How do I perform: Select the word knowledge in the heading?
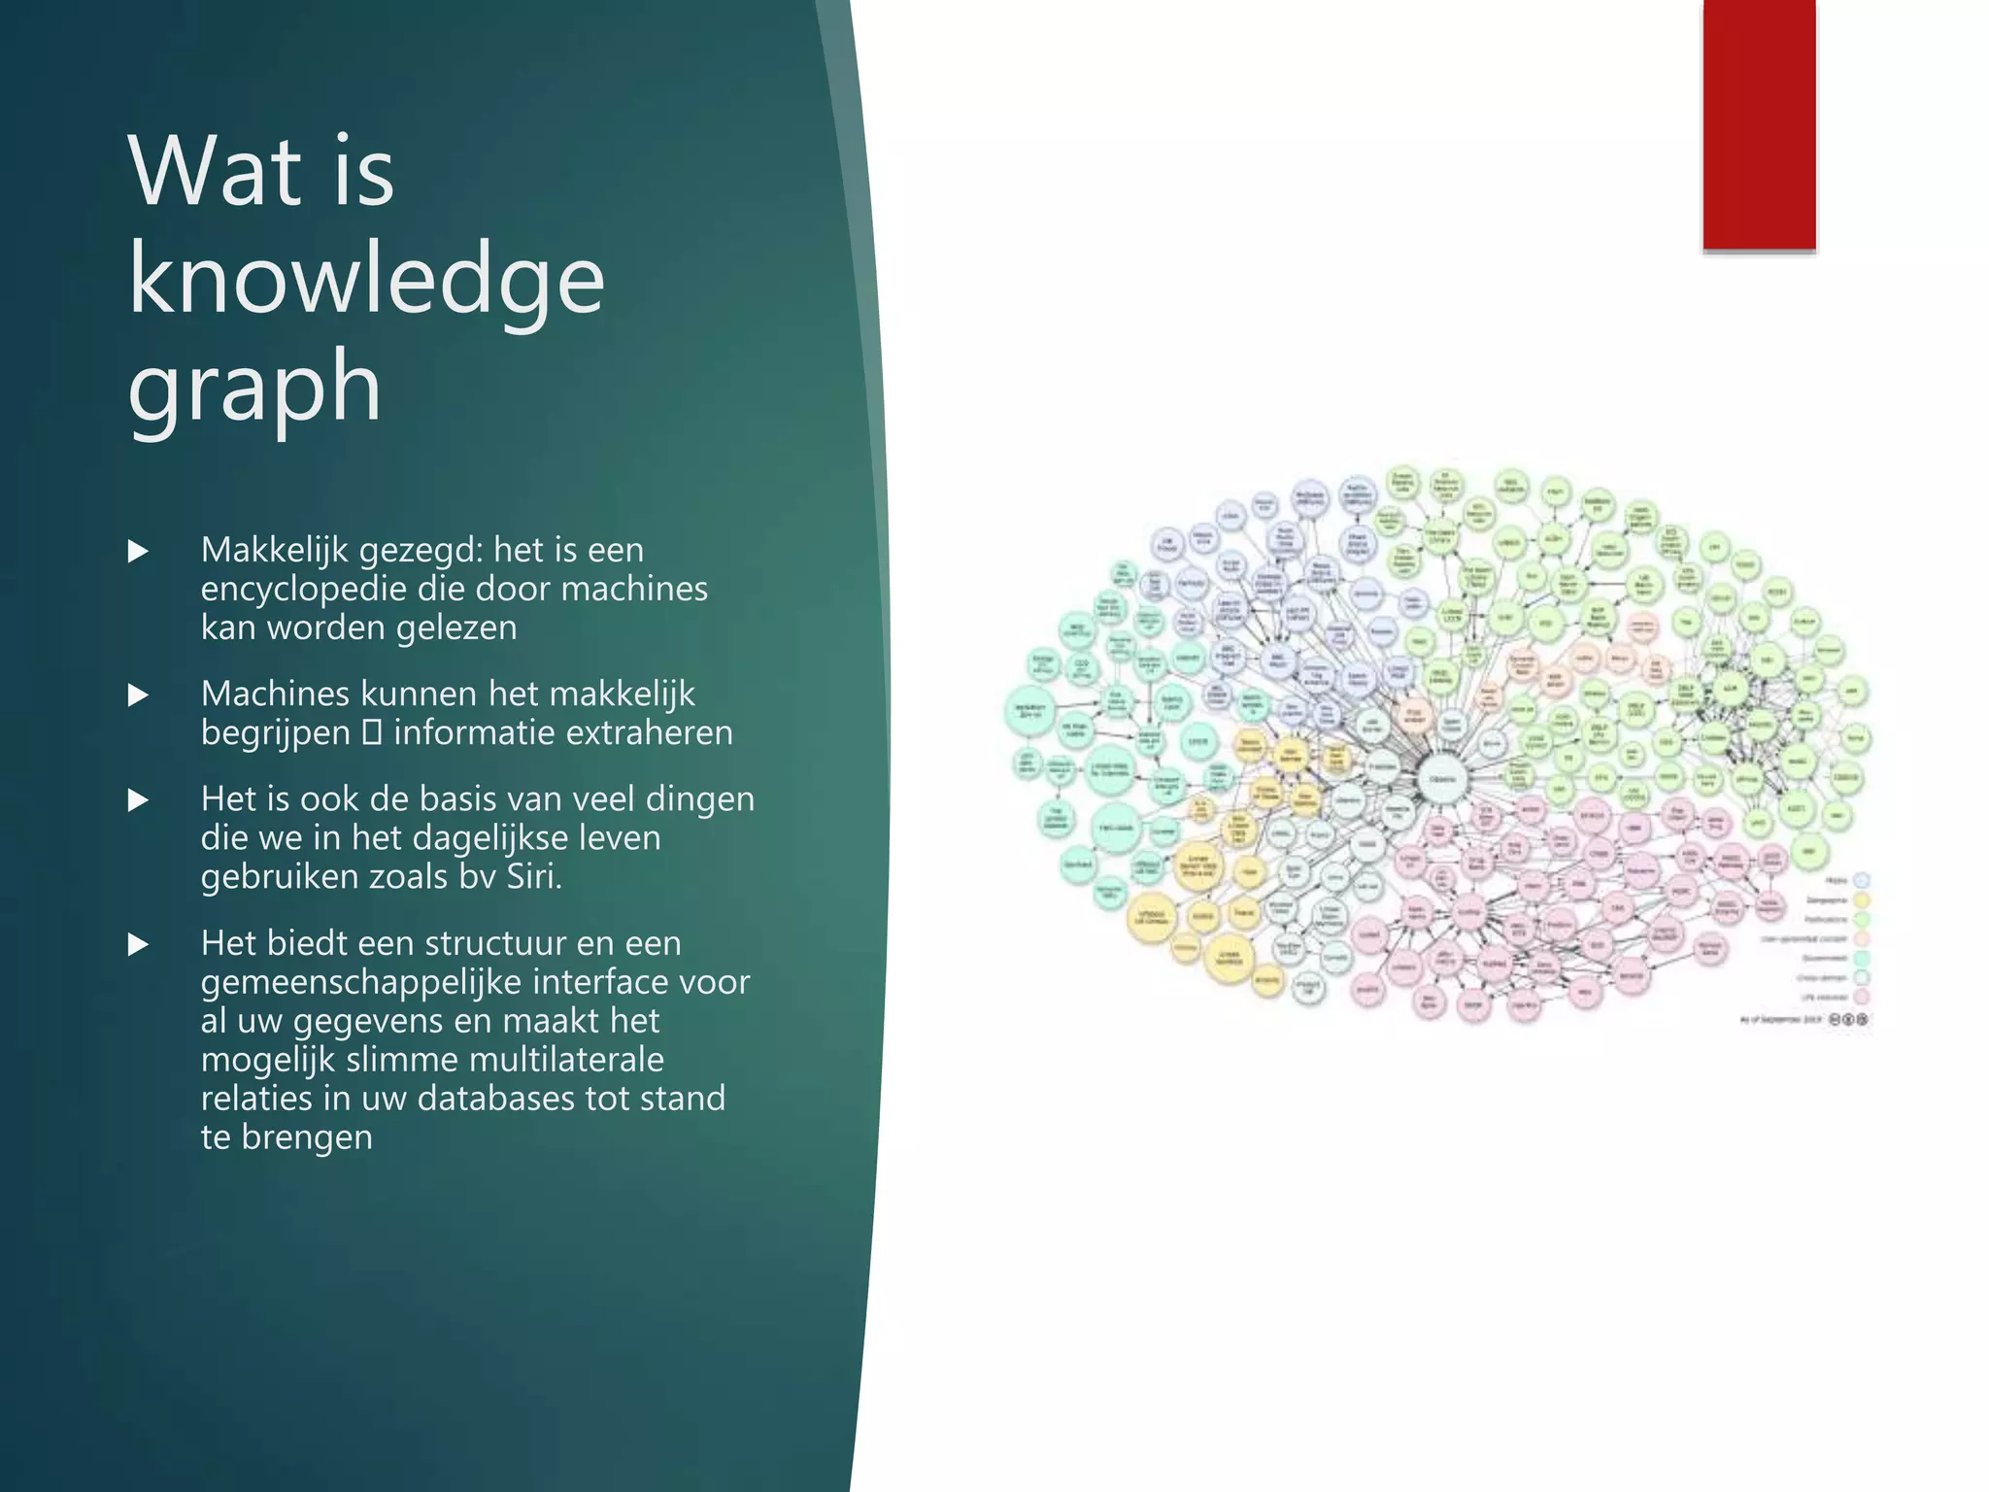[366, 281]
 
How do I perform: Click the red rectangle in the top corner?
[1759, 124]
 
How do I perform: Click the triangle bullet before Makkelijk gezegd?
[139, 552]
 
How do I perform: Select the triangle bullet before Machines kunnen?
[139, 695]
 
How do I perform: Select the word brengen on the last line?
[307, 1137]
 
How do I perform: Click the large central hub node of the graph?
[1442, 779]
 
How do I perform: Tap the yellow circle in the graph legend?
[1862, 900]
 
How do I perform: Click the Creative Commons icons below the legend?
[1848, 1019]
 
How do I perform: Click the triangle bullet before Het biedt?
[139, 945]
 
